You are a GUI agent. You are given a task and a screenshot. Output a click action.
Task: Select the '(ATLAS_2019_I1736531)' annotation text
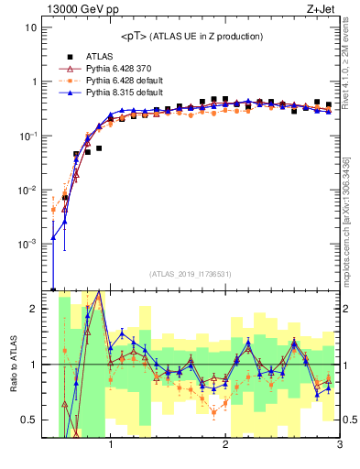(x=190, y=274)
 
